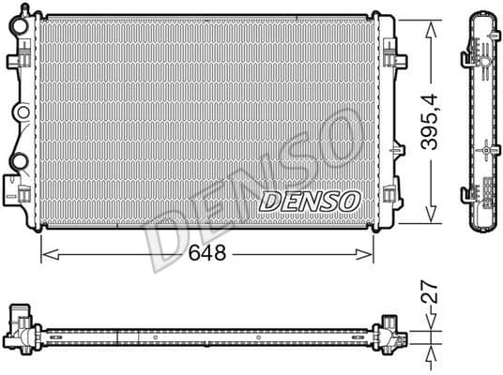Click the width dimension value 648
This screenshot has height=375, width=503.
(208, 254)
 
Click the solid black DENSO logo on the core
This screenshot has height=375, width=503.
(309, 200)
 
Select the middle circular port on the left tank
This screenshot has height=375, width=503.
(19, 112)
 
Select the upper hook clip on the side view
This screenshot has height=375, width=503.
(467, 60)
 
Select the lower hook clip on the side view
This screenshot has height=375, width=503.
(467, 194)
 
